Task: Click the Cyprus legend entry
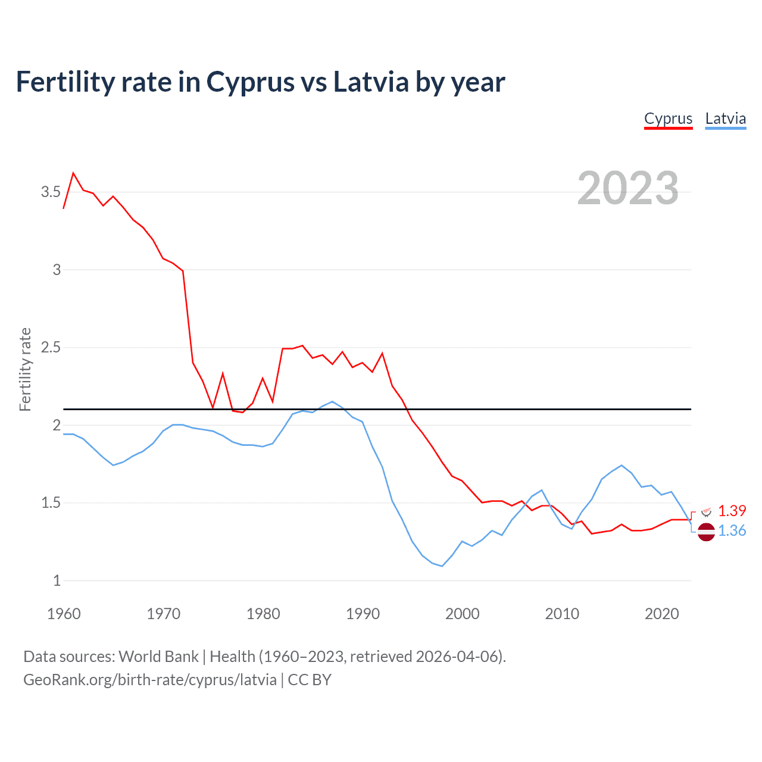668,118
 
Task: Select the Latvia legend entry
725,118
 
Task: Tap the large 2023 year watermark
627,188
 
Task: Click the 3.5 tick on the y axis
51,192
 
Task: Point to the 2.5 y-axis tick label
51,347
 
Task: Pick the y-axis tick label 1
57,580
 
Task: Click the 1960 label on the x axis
64,614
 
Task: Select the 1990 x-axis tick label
363,614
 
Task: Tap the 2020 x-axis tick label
661,614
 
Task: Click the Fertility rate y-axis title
25,369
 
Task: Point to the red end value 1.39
732,511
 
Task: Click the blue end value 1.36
732,530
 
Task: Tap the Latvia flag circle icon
706,532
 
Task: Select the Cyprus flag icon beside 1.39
707,511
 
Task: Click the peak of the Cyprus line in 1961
73,173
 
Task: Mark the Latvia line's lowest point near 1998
442,566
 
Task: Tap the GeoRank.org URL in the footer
150,680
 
